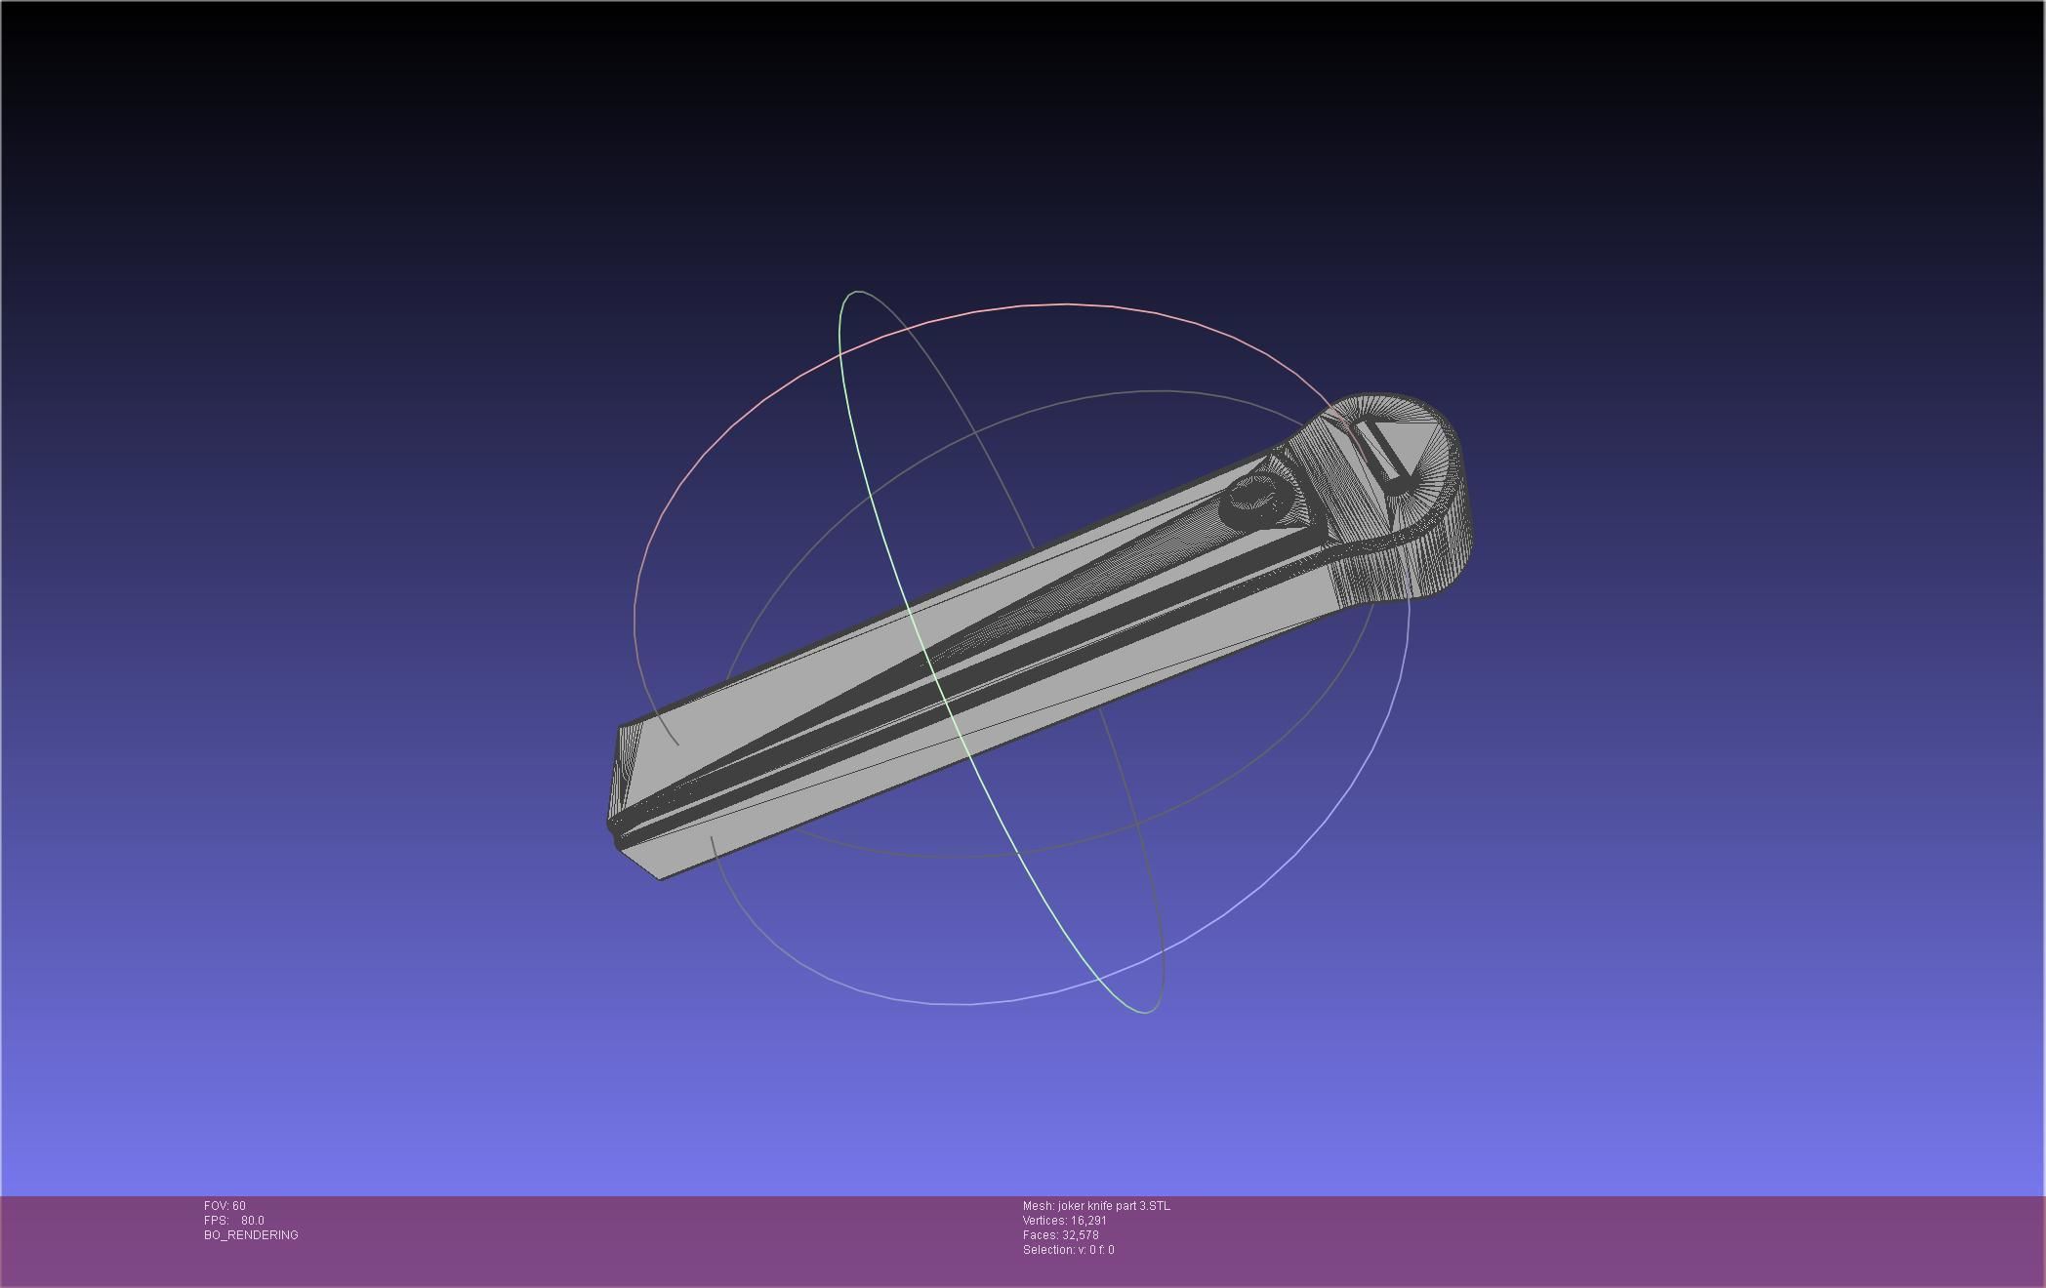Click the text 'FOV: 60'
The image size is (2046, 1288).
tap(225, 1206)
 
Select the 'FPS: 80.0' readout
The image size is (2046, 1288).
tap(234, 1221)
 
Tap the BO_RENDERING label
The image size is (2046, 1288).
tap(251, 1235)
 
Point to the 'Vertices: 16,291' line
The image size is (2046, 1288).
tap(1064, 1221)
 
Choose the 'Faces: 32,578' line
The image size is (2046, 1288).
tap(1060, 1235)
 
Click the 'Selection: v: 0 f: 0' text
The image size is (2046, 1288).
tap(1068, 1250)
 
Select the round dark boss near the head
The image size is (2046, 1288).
tap(1254, 499)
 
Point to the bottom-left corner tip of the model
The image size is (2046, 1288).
tap(661, 879)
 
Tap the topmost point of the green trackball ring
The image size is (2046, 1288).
tap(856, 291)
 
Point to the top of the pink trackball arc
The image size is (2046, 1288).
tap(1064, 304)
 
